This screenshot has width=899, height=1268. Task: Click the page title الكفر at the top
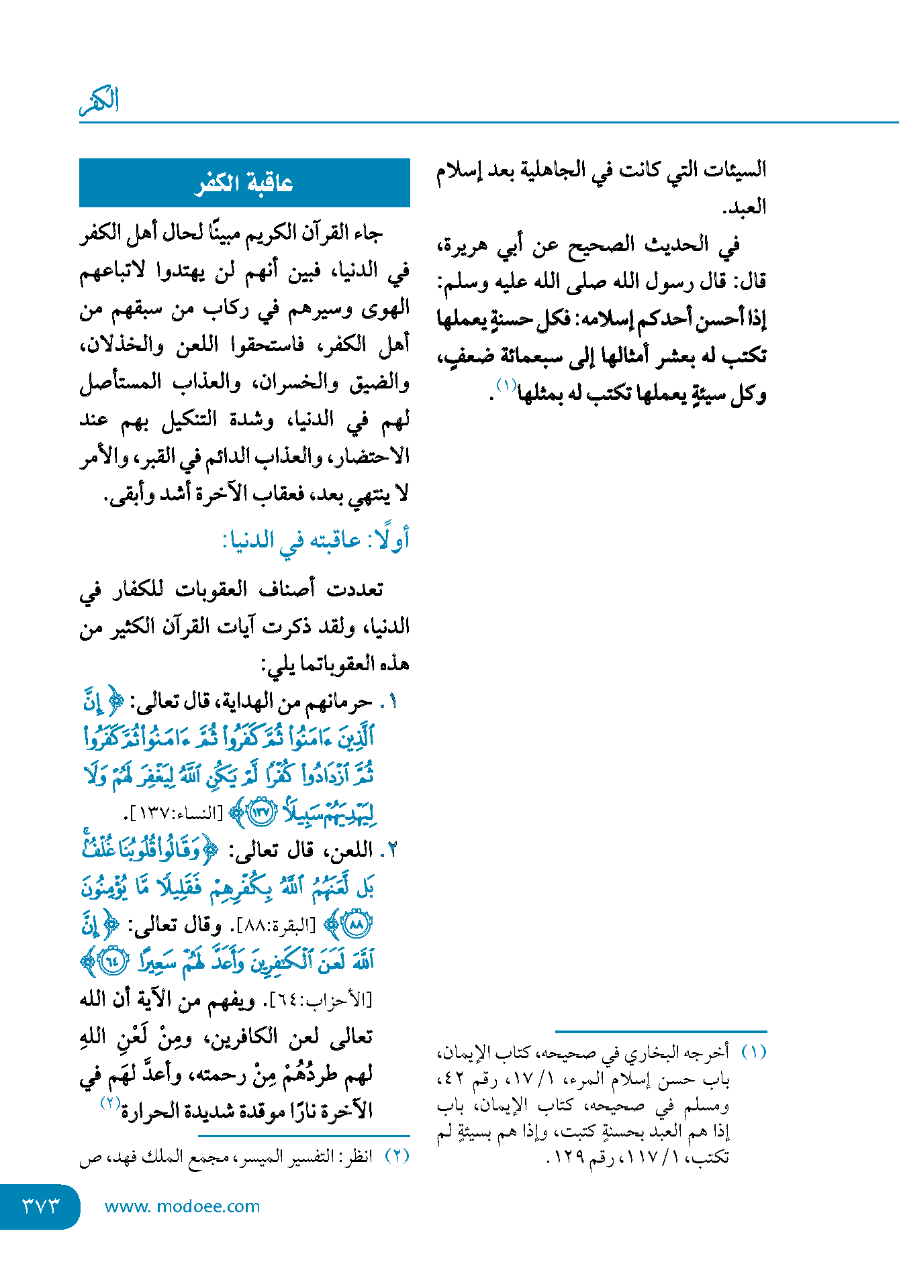click(x=99, y=101)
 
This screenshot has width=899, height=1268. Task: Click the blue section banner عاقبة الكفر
click(x=244, y=183)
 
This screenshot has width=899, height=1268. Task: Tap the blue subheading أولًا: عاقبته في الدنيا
click(x=316, y=539)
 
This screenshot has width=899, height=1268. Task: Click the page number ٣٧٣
click(x=40, y=1206)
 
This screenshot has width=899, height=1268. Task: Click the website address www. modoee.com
click(x=182, y=1206)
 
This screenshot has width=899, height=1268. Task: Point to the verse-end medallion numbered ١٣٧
click(x=261, y=813)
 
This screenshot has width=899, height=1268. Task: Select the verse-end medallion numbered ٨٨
click(x=357, y=925)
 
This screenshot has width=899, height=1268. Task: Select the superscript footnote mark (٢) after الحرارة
click(x=110, y=1102)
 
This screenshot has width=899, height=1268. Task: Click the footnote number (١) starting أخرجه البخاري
click(x=753, y=1052)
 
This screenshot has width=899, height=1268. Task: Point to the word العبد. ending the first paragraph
click(x=744, y=207)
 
